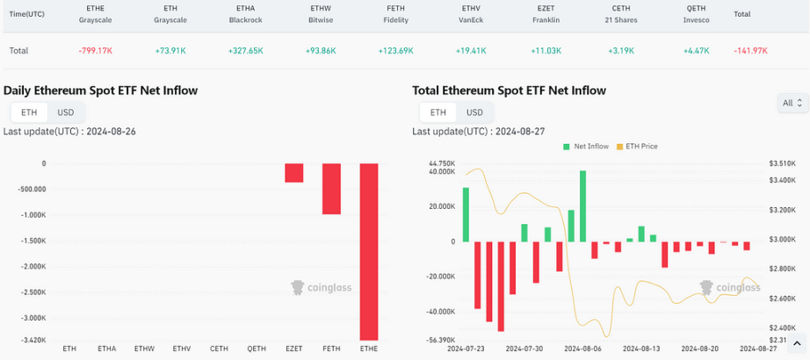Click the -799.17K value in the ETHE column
click(96, 51)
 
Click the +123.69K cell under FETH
click(395, 51)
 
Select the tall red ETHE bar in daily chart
click(369, 251)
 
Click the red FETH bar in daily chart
click(331, 189)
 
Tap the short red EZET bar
click(293, 173)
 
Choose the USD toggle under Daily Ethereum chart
click(66, 112)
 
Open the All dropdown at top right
click(792, 104)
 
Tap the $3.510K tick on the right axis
click(782, 163)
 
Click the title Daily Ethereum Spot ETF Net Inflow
click(100, 90)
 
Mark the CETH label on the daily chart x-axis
click(219, 349)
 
